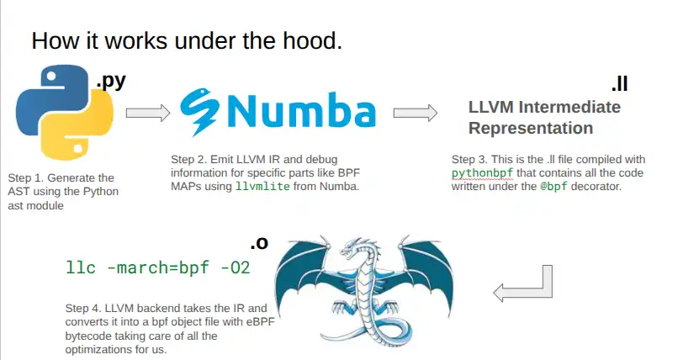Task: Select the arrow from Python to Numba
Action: (148, 113)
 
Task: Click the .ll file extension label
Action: (619, 85)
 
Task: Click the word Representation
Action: (530, 129)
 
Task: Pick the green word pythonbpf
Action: (481, 172)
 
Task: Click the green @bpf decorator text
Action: (556, 186)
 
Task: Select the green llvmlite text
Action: (264, 185)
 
